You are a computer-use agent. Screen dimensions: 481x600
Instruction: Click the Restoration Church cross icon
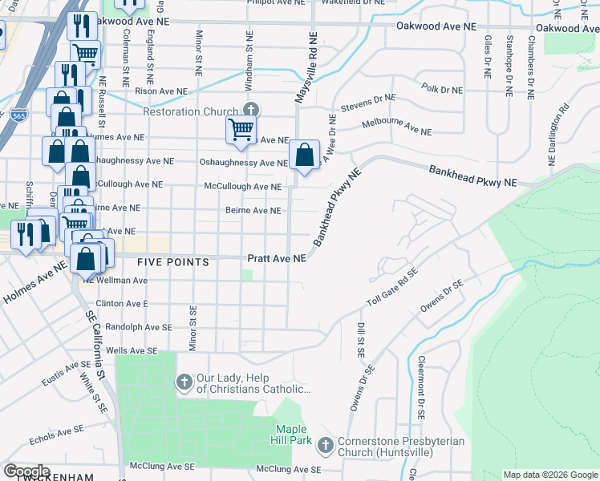tap(251, 111)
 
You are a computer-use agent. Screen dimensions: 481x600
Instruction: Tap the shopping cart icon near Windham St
tap(241, 129)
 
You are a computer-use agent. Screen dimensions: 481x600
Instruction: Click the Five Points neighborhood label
tap(172, 262)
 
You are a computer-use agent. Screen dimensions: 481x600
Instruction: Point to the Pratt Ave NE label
tap(277, 259)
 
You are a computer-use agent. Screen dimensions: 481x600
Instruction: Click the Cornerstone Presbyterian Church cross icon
tap(326, 444)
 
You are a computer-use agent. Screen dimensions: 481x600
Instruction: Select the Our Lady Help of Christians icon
tap(184, 382)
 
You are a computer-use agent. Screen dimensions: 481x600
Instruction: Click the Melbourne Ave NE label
tap(396, 127)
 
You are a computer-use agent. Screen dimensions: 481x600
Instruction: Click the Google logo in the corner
tap(26, 471)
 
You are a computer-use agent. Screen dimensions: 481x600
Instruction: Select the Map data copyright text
tap(550, 475)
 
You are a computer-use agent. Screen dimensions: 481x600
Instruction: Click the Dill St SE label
tap(360, 340)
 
